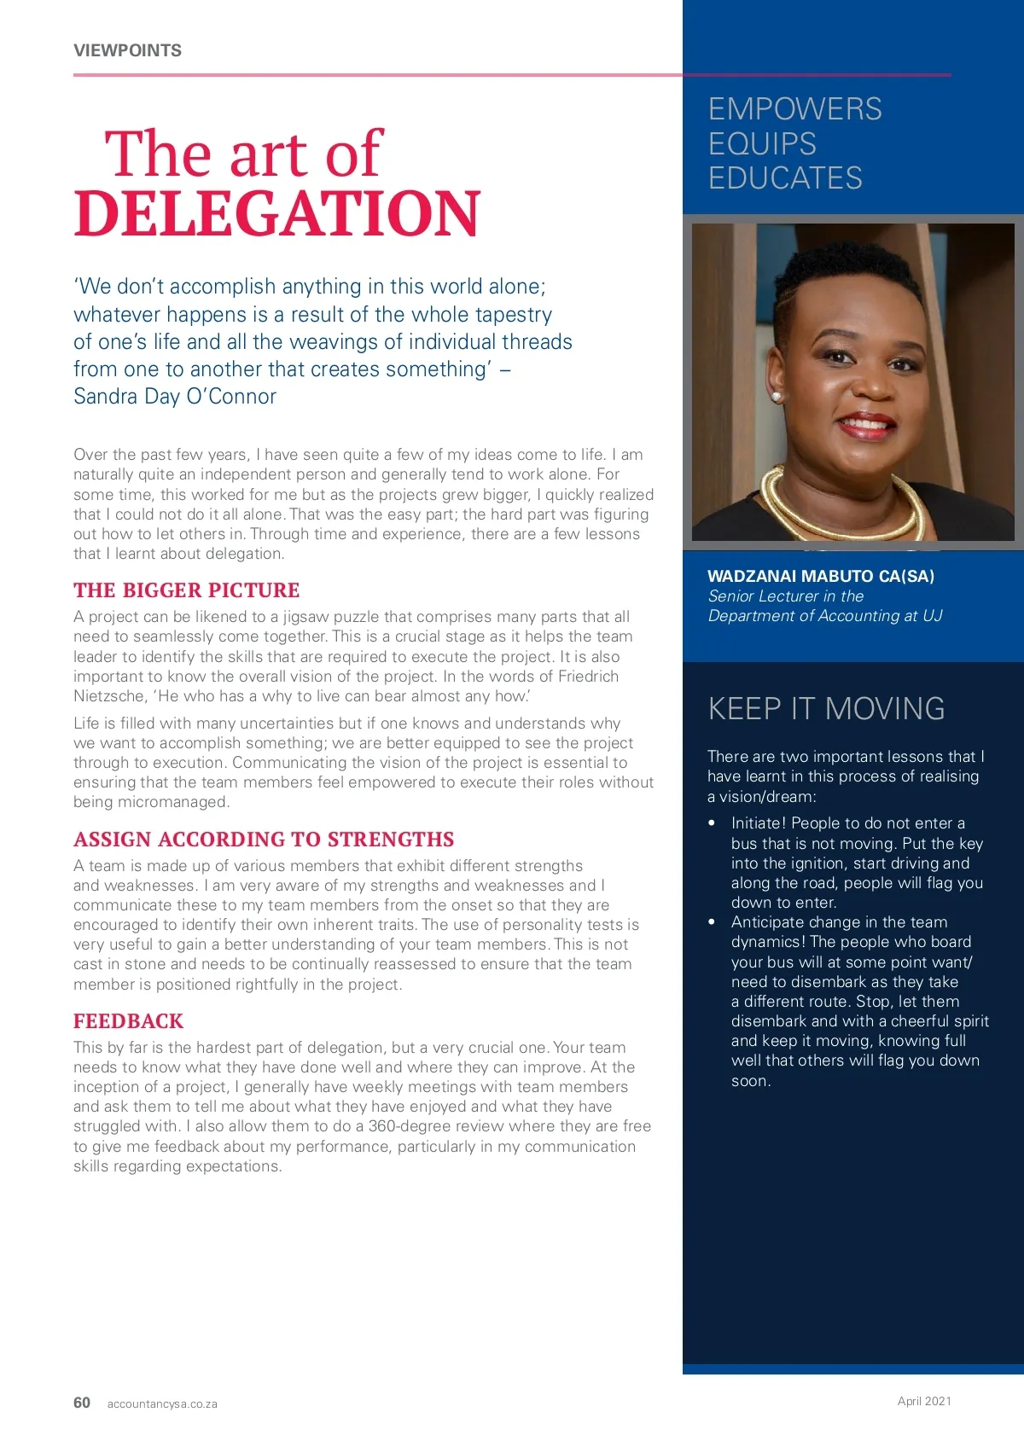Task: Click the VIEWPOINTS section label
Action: (x=127, y=50)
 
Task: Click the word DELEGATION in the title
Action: (x=277, y=213)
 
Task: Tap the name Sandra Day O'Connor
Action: (x=175, y=397)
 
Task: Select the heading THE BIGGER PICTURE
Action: (x=186, y=590)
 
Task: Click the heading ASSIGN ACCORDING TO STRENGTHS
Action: (x=264, y=840)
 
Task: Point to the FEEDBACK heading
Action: (x=128, y=1021)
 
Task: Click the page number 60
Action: (x=82, y=1403)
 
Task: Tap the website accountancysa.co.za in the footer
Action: (x=162, y=1403)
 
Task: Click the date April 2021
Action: (x=924, y=1401)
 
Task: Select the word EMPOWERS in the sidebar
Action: (x=794, y=109)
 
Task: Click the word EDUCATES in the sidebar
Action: (x=785, y=178)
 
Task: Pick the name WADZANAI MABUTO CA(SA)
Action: (x=821, y=576)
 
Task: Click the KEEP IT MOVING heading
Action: (x=826, y=709)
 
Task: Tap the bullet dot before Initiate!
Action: (x=712, y=823)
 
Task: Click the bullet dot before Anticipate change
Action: (x=712, y=922)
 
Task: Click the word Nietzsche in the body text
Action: (x=108, y=696)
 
